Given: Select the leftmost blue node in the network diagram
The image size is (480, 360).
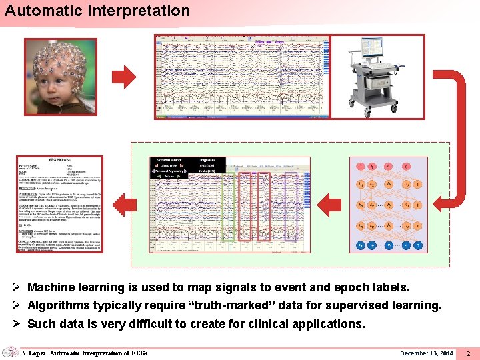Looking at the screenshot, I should pyautogui.click(x=361, y=245).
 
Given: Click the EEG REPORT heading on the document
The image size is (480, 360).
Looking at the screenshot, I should pyautogui.click(x=61, y=161).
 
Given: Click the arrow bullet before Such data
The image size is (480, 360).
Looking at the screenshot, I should pyautogui.click(x=18, y=324).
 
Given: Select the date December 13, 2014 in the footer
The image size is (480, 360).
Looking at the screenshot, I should pyautogui.click(x=426, y=353).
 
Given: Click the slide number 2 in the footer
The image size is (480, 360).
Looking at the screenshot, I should pyautogui.click(x=468, y=353).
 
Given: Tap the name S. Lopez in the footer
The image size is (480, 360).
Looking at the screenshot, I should pyautogui.click(x=36, y=353).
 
